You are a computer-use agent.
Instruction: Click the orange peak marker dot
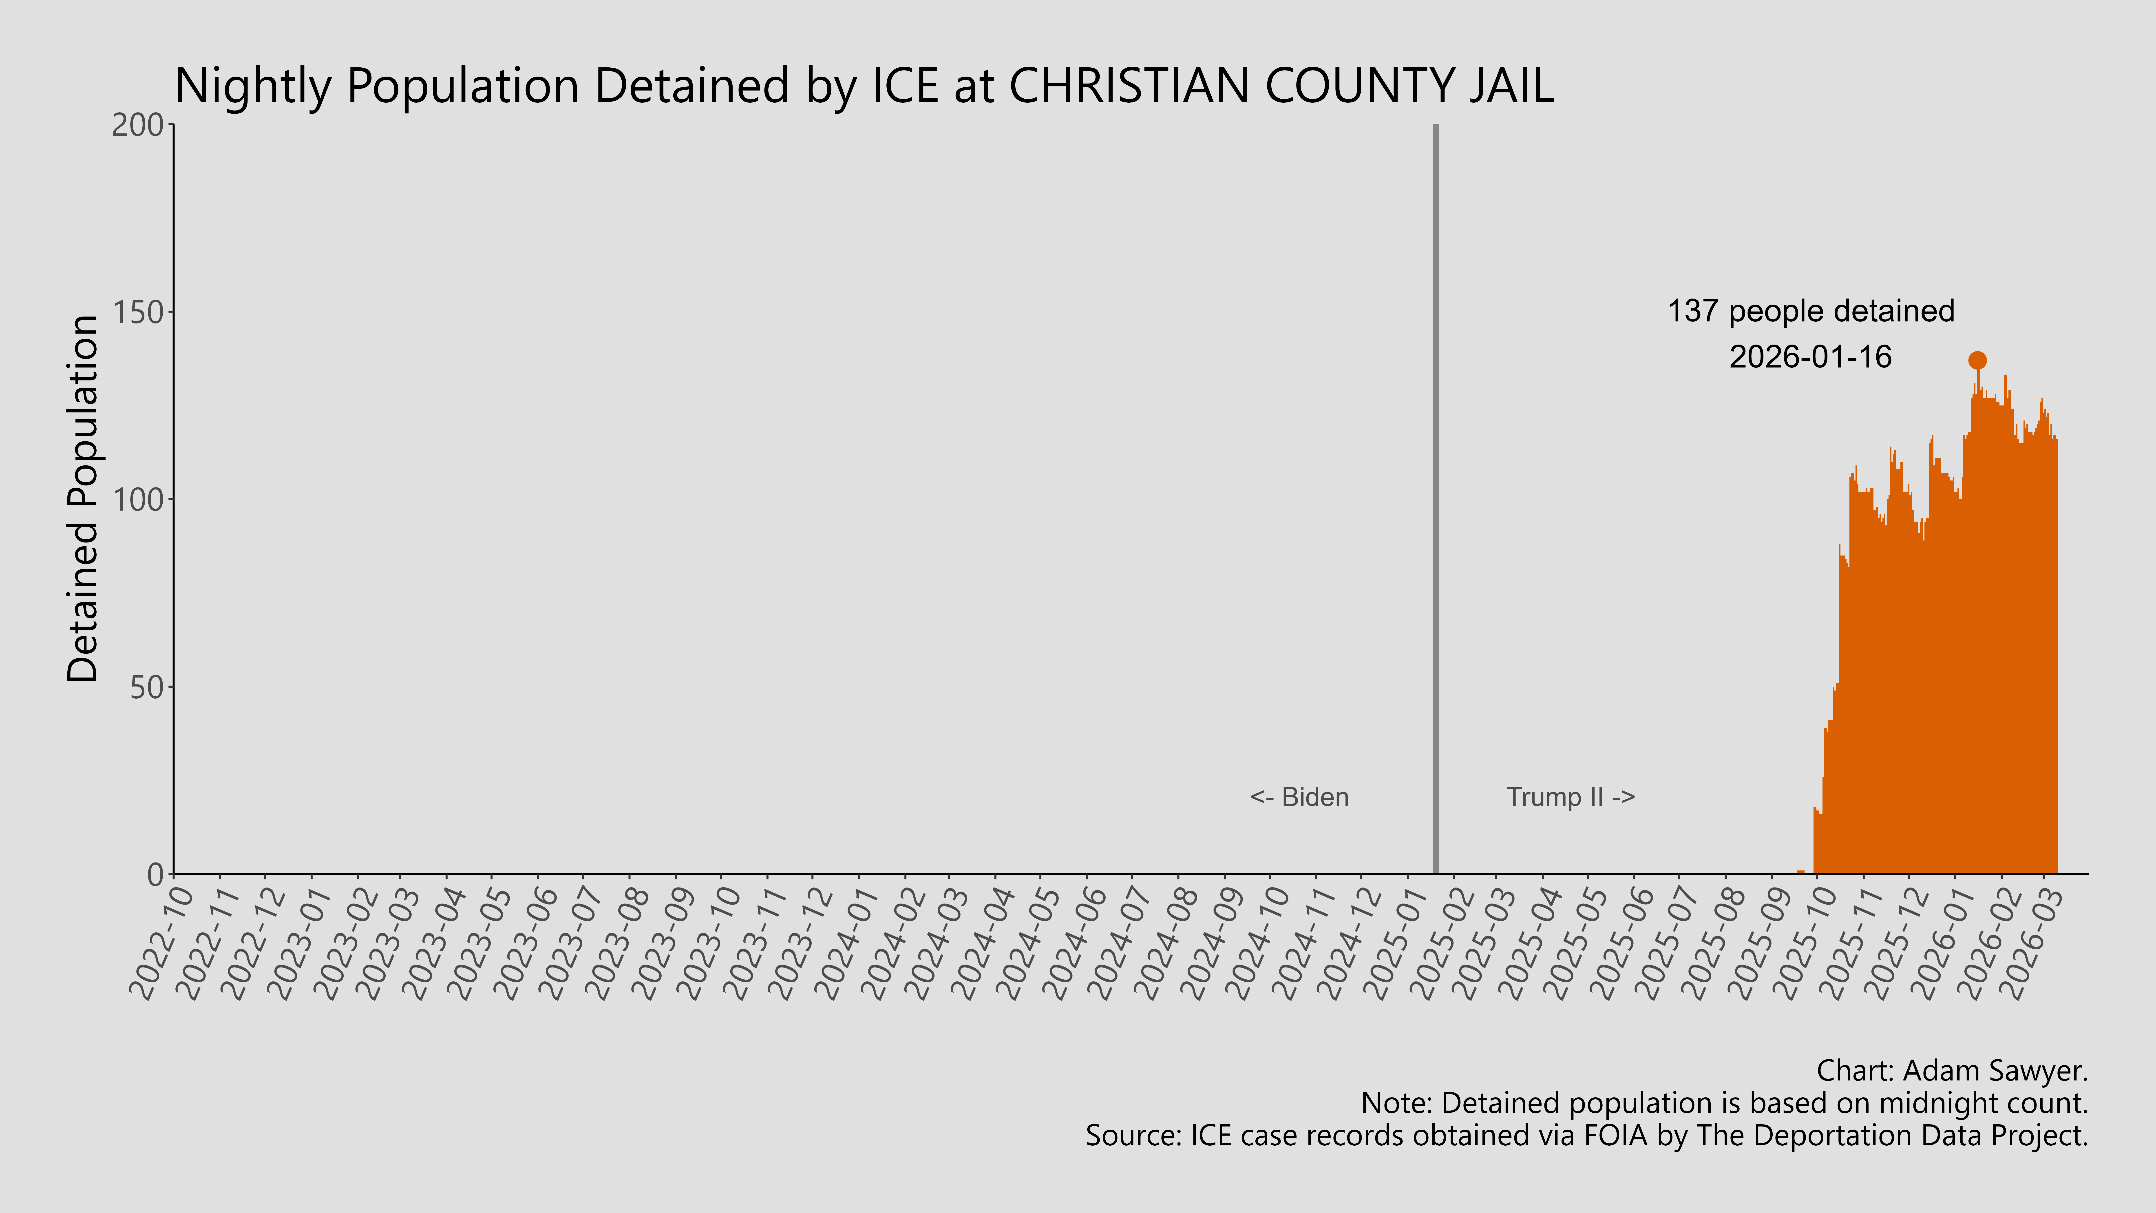[x=1977, y=361]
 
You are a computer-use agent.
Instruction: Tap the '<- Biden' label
[x=1299, y=797]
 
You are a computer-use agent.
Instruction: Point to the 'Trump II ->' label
[x=1570, y=797]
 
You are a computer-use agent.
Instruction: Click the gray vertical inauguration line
[x=1436, y=502]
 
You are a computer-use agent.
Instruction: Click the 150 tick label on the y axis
[x=138, y=312]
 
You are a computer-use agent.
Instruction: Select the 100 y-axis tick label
[x=138, y=500]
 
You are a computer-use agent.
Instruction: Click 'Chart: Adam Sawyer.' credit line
[x=1952, y=1071]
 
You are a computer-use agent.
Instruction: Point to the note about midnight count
[x=1724, y=1103]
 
